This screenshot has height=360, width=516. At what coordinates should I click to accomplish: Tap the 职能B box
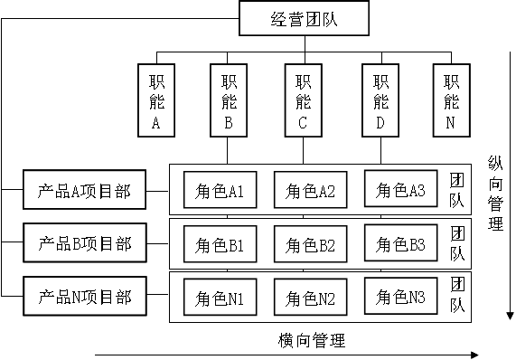coord(230,100)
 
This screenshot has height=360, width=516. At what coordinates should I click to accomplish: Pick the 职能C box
coord(304,100)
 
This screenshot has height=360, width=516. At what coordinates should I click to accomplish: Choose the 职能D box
coord(380,100)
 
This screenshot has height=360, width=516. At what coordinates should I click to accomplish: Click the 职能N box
coord(451,100)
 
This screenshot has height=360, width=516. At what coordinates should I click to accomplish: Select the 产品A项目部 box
coord(84,191)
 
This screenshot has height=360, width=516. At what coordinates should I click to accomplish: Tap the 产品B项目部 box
coord(84,243)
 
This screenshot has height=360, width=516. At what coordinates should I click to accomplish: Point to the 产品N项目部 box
coord(84,297)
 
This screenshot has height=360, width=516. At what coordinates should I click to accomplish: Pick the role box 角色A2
coord(310,191)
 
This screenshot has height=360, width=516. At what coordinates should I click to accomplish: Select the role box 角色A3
coord(400,190)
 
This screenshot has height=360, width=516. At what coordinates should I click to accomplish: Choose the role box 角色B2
coord(310,244)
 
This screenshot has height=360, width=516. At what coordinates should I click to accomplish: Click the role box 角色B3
coord(400,243)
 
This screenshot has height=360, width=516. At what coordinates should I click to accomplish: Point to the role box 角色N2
coord(310,298)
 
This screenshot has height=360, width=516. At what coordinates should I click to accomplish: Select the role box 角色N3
coord(400,296)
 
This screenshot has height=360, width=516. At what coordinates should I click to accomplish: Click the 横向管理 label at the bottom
coord(312,340)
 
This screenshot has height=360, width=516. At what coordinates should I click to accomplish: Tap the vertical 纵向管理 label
coord(495,193)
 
